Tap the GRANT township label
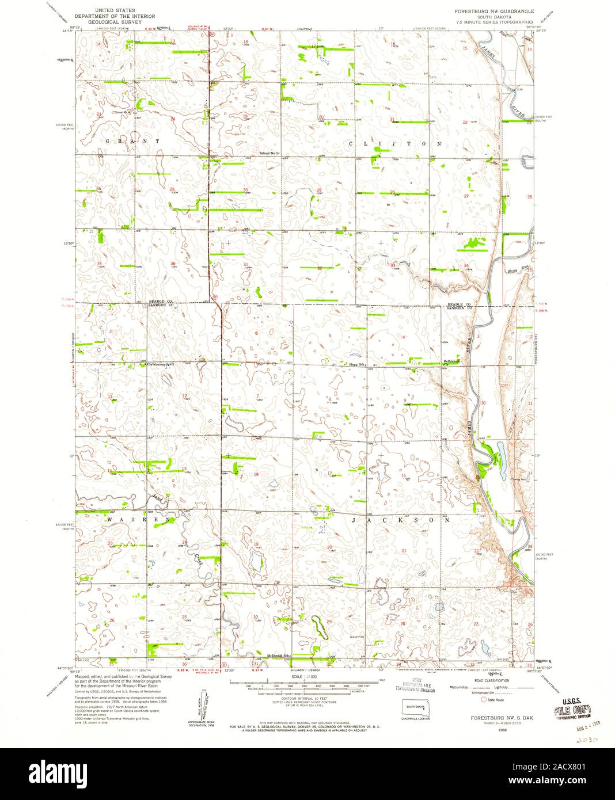pos(132,140)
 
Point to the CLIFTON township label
pos(396,143)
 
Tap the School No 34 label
pos(269,153)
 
